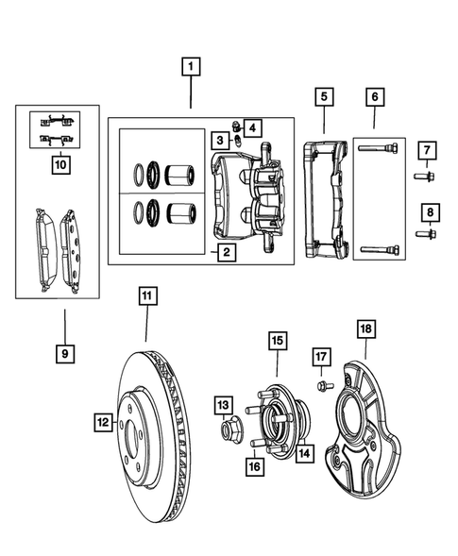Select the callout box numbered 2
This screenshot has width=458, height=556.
click(x=225, y=252)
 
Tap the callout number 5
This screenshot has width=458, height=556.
click(x=323, y=96)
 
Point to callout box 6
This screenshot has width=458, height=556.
click(x=374, y=96)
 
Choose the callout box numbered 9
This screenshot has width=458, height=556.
click(x=64, y=353)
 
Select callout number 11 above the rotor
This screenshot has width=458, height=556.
click(x=146, y=297)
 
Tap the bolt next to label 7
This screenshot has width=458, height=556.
click(x=420, y=176)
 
